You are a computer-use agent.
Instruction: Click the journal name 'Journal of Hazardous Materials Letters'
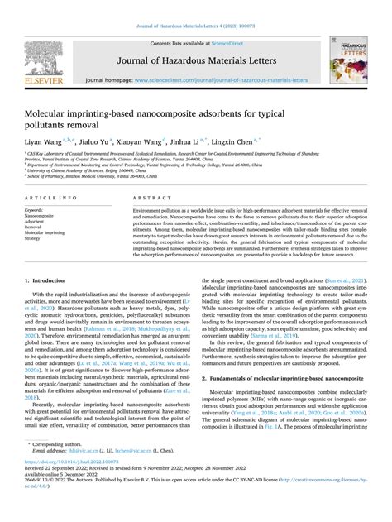coord(196,59)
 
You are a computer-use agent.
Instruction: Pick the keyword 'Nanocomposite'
coord(42,216)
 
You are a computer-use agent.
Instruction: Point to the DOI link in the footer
coord(69,486)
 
